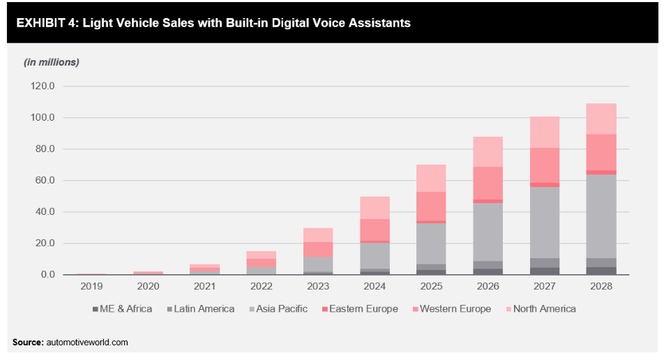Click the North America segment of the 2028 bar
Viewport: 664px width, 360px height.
pos(601,119)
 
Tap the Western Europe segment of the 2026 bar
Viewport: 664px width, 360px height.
pos(488,183)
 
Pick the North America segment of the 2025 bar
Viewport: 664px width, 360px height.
pos(431,178)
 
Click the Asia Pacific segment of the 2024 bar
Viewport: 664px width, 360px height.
pos(375,255)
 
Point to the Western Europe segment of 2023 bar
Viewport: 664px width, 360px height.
pos(317,249)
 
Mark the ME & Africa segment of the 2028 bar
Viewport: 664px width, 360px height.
pos(601,271)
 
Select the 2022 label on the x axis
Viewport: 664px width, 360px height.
pos(261,286)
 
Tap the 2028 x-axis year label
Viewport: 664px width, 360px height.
pos(601,286)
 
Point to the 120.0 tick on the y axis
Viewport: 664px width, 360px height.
pos(42,87)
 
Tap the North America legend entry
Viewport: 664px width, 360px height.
pos(544,308)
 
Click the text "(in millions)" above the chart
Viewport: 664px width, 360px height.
pos(52,62)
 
